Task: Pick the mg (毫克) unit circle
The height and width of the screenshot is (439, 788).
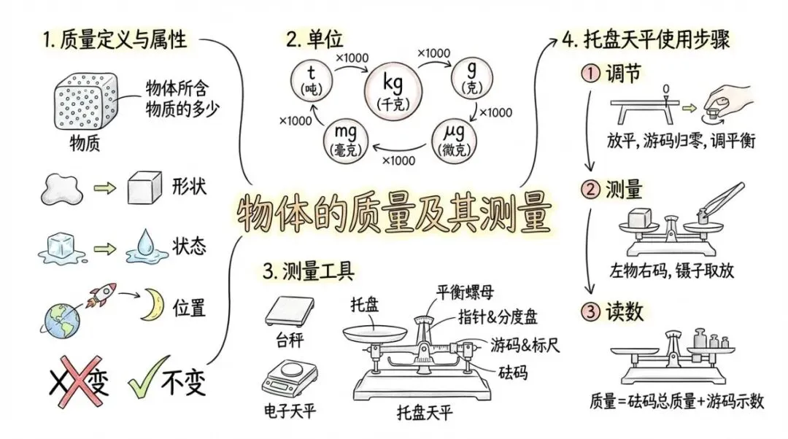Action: click(345, 139)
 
